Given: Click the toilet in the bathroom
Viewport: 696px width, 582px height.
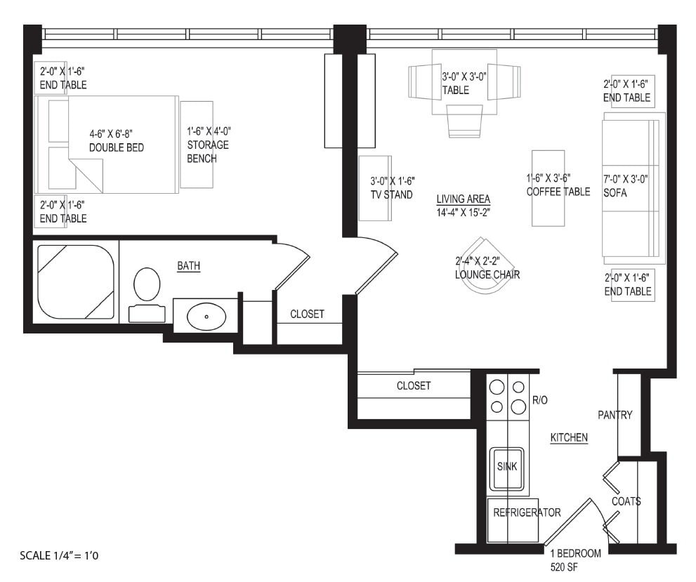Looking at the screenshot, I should click(x=147, y=283).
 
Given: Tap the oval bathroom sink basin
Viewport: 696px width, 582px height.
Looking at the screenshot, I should click(x=206, y=316).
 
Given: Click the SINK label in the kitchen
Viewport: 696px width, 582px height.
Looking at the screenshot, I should click(x=506, y=466).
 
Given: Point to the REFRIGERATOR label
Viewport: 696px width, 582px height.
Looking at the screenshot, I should click(x=527, y=512).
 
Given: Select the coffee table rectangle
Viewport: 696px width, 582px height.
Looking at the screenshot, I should click(x=548, y=187).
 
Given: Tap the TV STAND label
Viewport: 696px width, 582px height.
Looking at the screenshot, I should click(x=392, y=194).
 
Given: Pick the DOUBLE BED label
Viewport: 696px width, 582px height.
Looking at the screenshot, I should click(x=116, y=147).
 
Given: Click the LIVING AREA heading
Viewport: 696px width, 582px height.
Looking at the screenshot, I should click(x=463, y=199).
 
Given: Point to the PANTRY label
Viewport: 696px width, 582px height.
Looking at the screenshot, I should click(x=615, y=415).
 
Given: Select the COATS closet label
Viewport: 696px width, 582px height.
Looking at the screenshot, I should click(x=626, y=501).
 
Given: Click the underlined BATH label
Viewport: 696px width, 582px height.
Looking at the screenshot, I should click(x=188, y=265).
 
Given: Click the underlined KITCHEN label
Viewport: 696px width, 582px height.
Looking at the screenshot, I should click(x=568, y=437).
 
